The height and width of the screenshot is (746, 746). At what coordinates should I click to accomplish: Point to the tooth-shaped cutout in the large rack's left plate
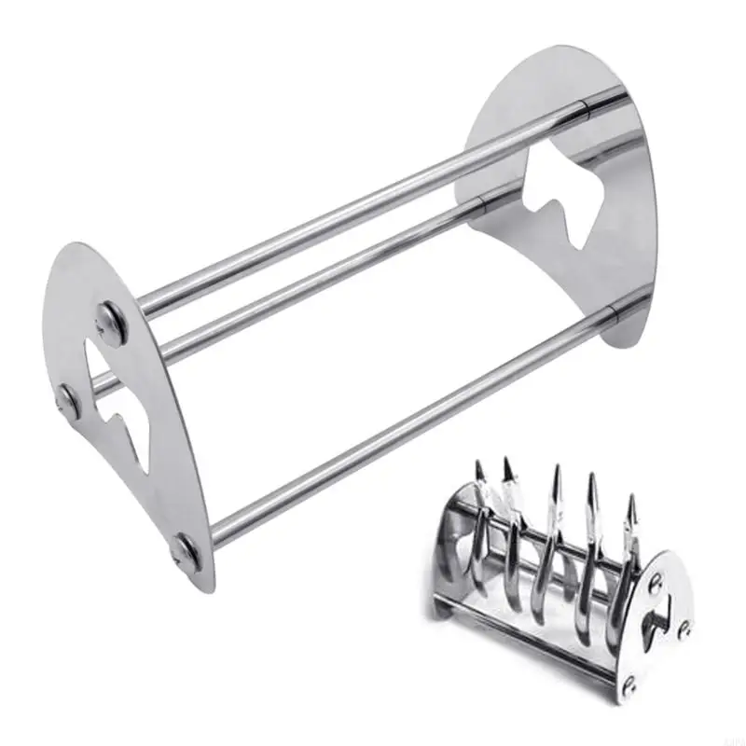119,401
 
